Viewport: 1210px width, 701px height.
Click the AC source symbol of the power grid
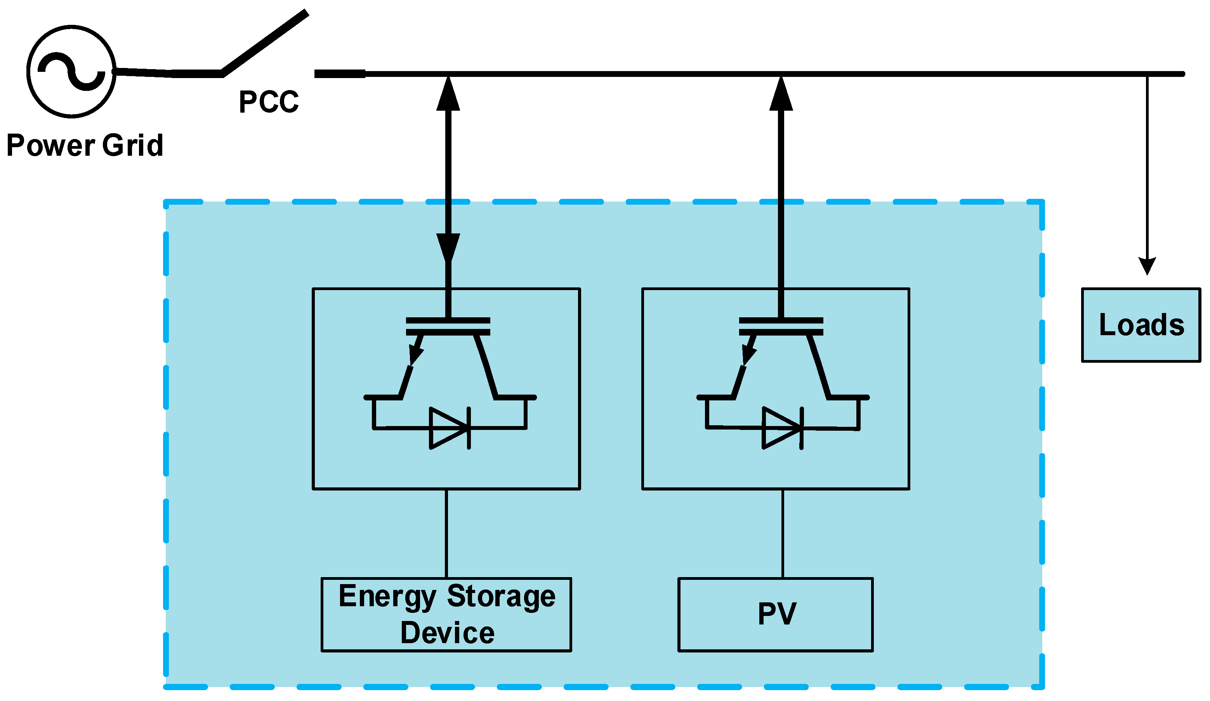[x=71, y=71]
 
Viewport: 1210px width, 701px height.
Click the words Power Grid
[x=85, y=145]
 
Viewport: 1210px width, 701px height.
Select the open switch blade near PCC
[x=264, y=42]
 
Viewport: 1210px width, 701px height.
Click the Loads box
[x=1141, y=325]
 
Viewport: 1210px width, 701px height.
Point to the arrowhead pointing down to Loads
[x=1147, y=265]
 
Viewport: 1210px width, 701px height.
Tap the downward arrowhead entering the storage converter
[x=448, y=247]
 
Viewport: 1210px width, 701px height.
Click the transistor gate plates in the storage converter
[x=448, y=326]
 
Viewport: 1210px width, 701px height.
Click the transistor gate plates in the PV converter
[x=781, y=326]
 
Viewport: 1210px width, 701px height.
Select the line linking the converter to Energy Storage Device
[x=446, y=533]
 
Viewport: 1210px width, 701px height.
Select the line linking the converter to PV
[x=783, y=533]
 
